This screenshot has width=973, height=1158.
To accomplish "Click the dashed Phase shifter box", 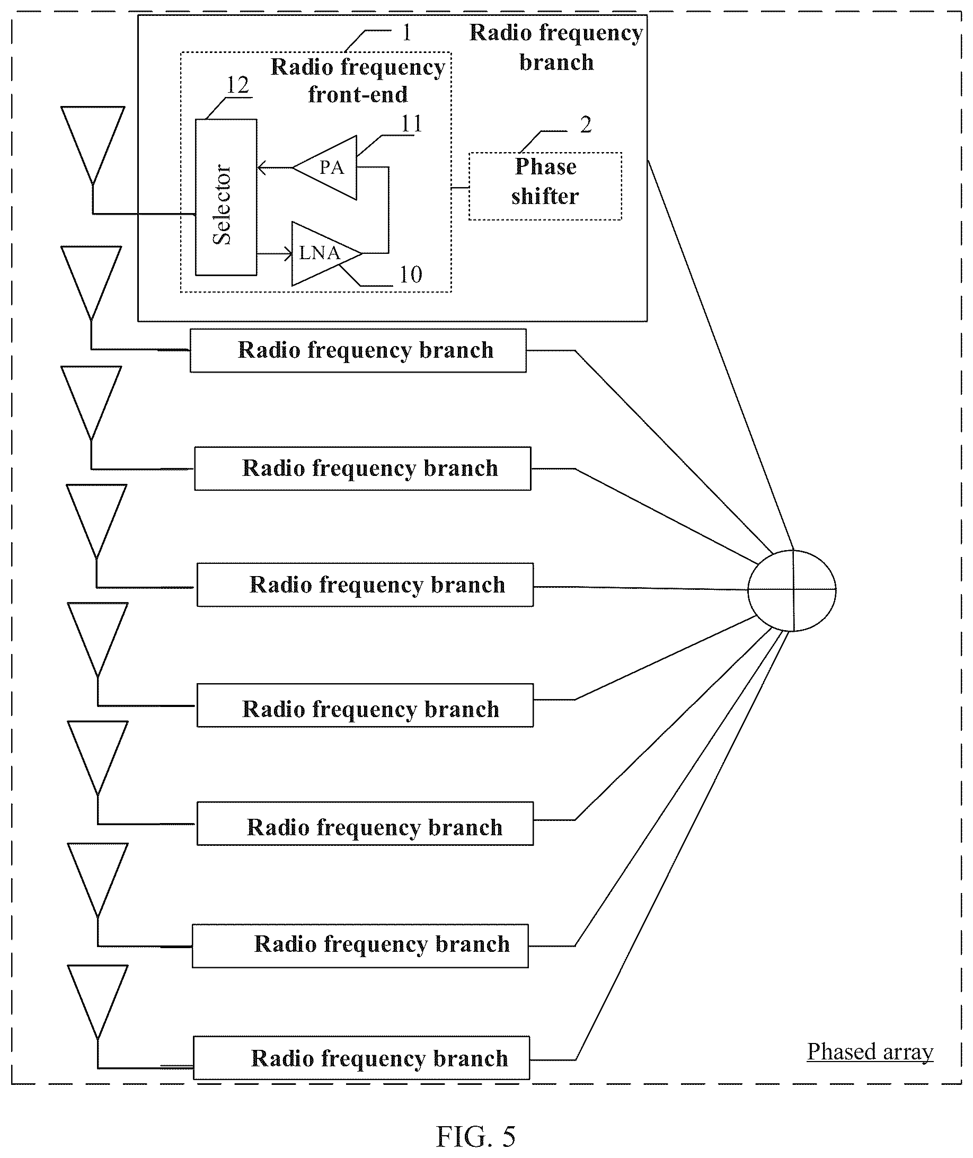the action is (545, 187).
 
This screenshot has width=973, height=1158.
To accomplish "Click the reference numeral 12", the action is (238, 85).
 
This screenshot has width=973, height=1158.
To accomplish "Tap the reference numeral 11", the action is (411, 123).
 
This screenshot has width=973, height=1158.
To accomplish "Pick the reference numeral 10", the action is (410, 274).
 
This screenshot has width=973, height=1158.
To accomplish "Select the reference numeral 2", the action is (586, 125).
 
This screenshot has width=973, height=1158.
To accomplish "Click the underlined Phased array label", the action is (870, 1051).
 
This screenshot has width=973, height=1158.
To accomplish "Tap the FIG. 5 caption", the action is (475, 1136).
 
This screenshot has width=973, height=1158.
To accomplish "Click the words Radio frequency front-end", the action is (358, 81).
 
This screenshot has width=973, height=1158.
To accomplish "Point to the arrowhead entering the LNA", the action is (288, 254).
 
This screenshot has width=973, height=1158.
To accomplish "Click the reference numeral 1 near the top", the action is (407, 33).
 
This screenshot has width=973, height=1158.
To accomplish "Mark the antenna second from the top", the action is (91, 283).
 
